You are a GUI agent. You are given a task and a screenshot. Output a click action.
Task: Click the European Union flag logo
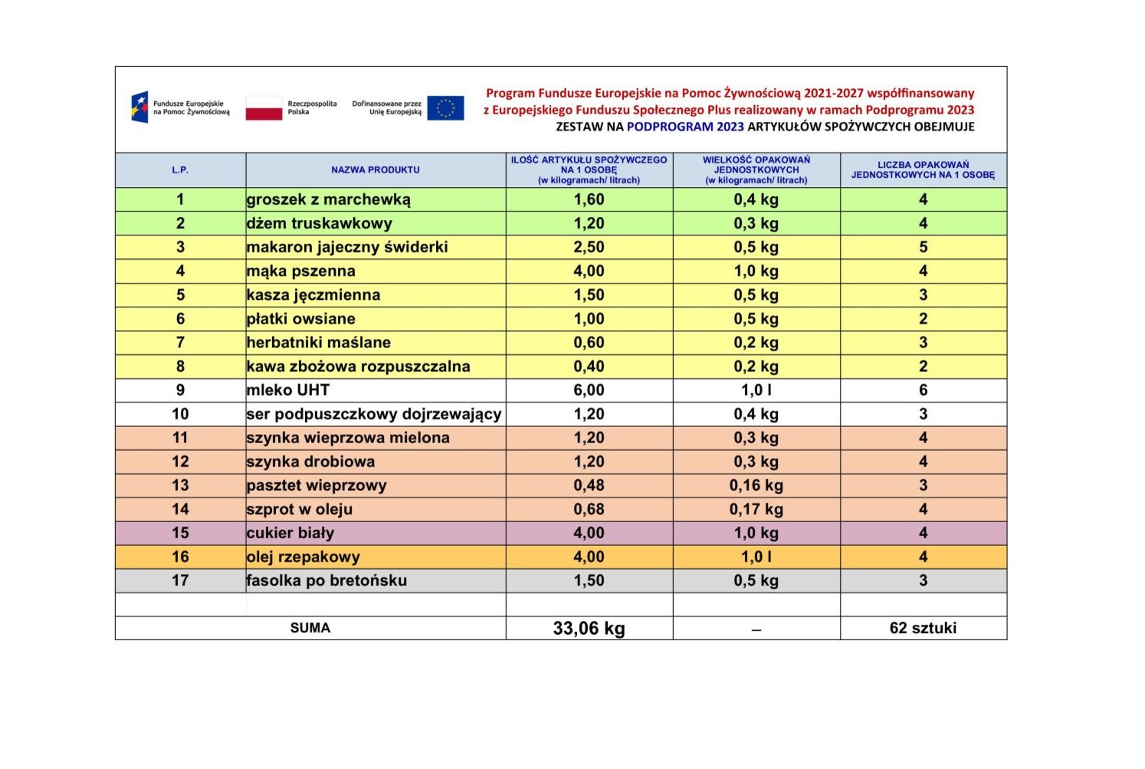tap(445, 108)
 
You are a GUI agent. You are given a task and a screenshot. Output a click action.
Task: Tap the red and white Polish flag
tap(264, 108)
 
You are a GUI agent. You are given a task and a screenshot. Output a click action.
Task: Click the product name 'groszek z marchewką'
tap(329, 200)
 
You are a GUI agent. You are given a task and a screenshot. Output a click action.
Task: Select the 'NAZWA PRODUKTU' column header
tap(376, 170)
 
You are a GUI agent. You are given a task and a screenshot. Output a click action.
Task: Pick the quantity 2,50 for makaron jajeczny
tap(589, 248)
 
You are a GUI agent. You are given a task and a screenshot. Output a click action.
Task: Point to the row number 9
tap(180, 390)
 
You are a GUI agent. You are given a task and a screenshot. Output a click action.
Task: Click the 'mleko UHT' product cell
tap(288, 390)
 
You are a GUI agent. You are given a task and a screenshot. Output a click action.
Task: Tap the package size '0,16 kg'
tap(756, 485)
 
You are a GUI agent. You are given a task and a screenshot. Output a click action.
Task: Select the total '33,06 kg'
tap(589, 629)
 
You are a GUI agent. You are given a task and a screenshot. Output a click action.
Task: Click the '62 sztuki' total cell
tap(923, 628)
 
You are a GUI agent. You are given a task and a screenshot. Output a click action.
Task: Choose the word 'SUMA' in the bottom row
tap(310, 628)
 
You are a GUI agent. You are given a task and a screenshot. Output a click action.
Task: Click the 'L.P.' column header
tap(180, 170)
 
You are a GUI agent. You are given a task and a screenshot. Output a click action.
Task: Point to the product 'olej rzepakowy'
tap(303, 557)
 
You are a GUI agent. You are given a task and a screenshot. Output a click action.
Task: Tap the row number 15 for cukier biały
tap(180, 533)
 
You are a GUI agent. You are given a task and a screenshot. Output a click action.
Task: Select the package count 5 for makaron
tap(923, 248)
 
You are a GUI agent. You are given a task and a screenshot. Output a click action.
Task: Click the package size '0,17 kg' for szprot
tap(756, 509)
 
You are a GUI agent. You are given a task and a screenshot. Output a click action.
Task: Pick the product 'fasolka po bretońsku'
tap(326, 581)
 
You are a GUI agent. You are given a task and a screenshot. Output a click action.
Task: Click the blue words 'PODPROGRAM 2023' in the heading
tap(685, 127)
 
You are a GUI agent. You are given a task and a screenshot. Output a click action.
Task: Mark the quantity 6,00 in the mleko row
tap(589, 390)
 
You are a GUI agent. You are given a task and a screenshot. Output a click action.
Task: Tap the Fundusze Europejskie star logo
tap(139, 107)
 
